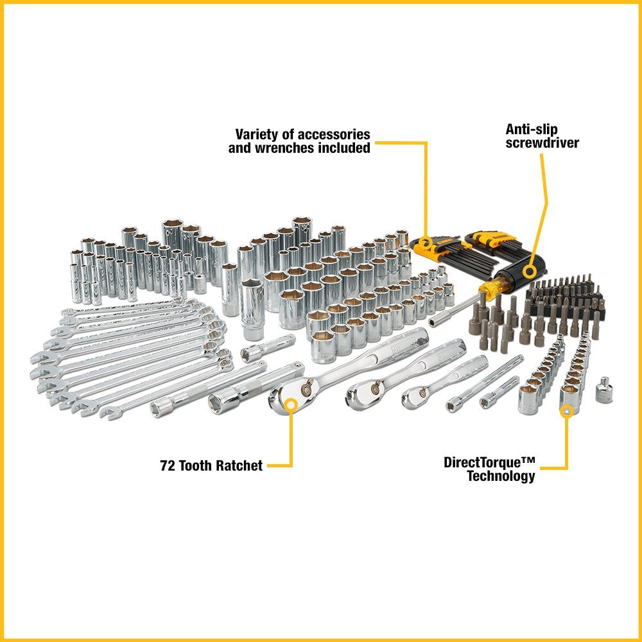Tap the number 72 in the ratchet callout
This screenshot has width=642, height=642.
(x=168, y=466)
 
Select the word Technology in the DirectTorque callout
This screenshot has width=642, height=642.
(x=501, y=476)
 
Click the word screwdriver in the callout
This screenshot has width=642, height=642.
(x=542, y=143)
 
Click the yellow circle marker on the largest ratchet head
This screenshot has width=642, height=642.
(x=291, y=404)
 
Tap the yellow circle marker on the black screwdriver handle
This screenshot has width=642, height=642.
(x=529, y=270)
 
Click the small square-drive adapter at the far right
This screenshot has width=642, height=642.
(x=603, y=390)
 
